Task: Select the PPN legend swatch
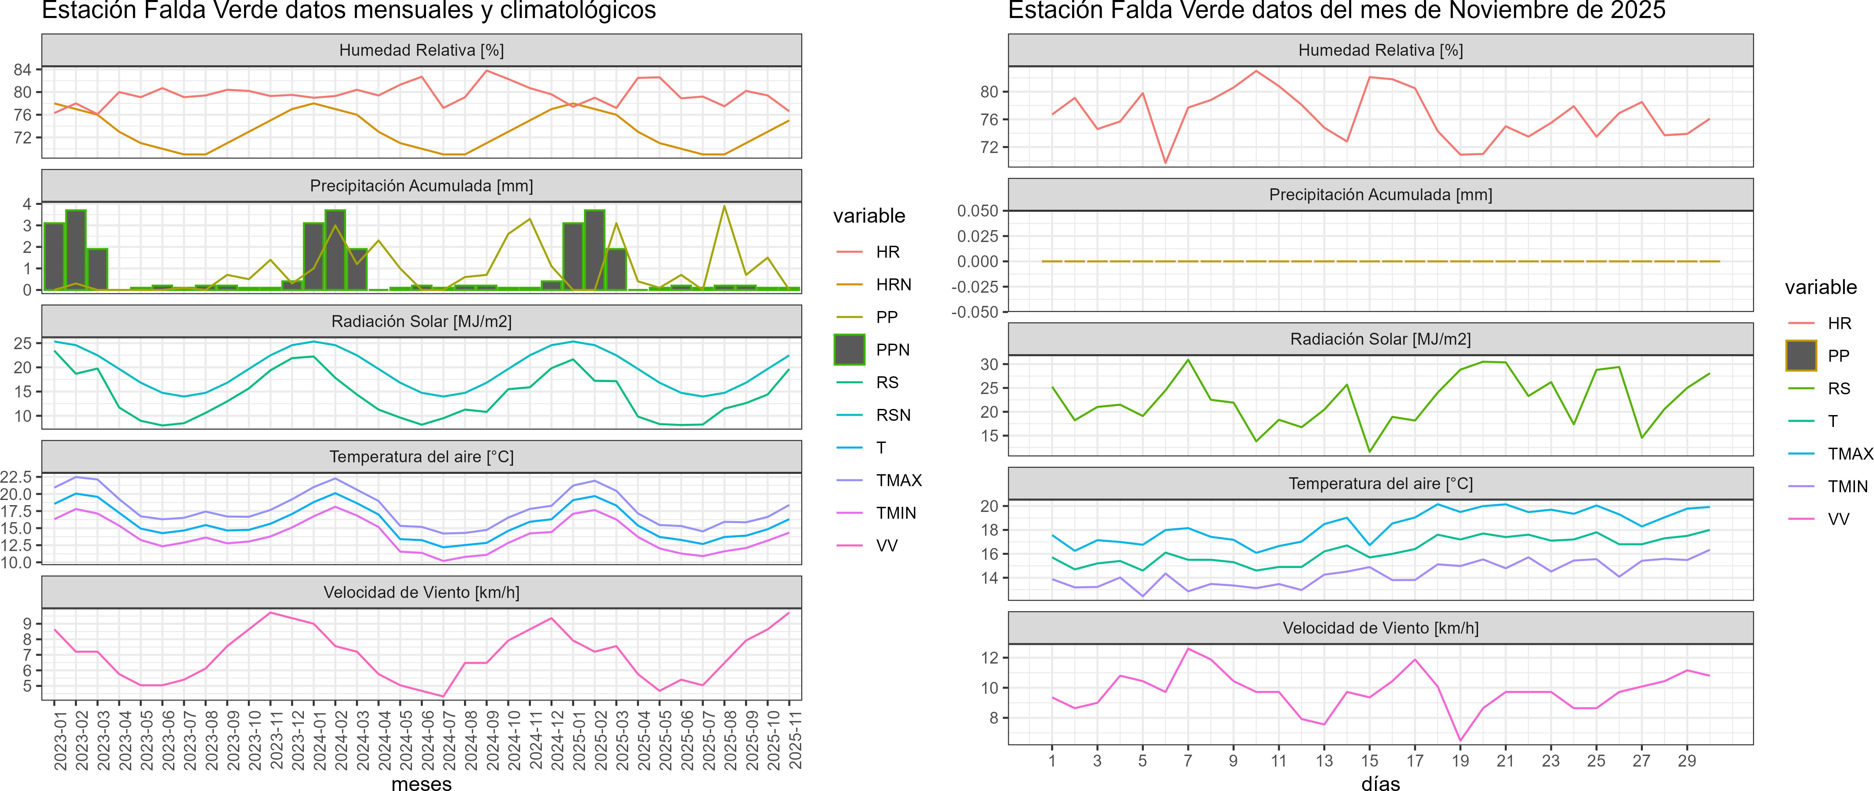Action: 849,349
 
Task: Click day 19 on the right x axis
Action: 1460,760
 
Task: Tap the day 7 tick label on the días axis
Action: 1188,760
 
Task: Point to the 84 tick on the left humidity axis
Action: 22,70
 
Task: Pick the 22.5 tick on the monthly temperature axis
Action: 16,477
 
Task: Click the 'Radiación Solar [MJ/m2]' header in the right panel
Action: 1380,339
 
